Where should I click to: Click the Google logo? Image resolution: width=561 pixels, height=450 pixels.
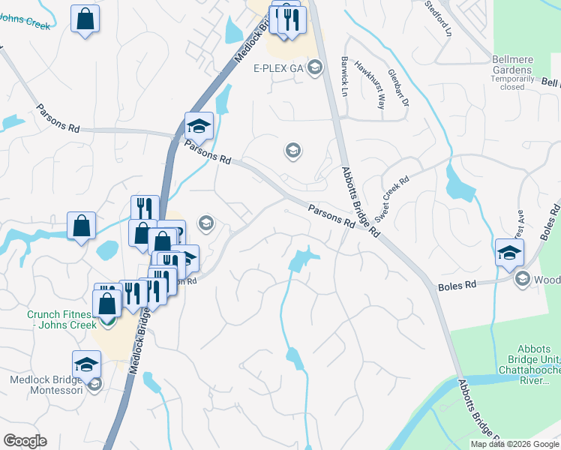pos(25,441)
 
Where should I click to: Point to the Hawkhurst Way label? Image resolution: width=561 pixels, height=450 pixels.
pos(369,85)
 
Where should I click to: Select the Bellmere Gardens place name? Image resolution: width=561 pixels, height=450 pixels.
pos(512,64)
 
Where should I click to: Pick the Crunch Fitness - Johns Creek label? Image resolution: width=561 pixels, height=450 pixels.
pos(62,320)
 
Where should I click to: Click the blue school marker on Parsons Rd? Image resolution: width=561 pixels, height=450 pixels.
pos(199,125)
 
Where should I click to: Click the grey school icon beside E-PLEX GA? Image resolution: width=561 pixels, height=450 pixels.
pos(315,68)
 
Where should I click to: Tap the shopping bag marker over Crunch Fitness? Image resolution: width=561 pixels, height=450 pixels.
pos(108,303)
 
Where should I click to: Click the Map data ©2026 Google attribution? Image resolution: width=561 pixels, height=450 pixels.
pos(514,444)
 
